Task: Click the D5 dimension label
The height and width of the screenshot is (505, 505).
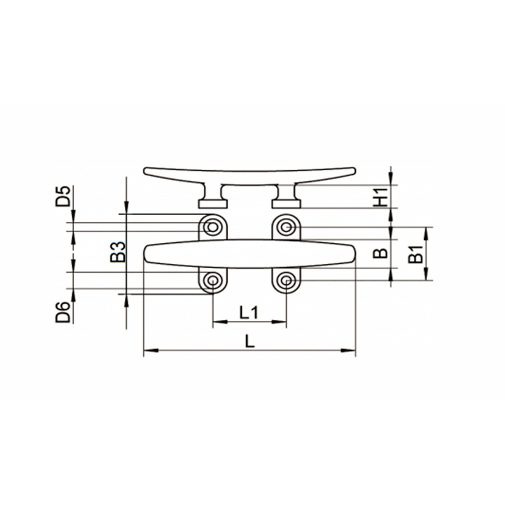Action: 63,196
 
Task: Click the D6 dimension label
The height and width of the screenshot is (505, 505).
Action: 63,312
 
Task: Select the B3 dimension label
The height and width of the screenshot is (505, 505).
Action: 118,252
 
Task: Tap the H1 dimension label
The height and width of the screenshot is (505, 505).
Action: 380,197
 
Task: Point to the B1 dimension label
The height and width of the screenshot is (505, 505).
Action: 415,254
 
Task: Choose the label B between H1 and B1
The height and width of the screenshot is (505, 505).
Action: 380,253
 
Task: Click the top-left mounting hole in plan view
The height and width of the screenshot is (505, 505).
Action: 213,227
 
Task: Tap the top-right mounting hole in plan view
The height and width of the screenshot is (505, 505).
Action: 286,227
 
